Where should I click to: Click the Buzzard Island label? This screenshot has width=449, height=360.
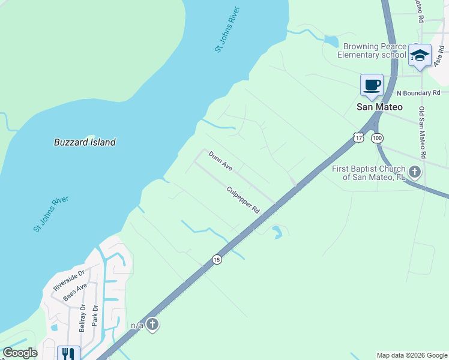tap(85, 142)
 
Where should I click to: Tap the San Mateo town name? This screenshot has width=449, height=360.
tap(379, 107)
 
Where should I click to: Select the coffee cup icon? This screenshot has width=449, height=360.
tap(372, 85)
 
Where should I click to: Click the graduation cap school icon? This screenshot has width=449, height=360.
tap(420, 56)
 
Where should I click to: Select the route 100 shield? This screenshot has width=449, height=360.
tap(377, 138)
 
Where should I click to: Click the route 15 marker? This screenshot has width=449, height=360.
tap(216, 259)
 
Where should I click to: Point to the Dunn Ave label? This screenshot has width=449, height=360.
tap(220, 161)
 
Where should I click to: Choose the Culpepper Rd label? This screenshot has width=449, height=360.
tap(243, 200)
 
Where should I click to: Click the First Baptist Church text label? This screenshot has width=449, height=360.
tap(369, 173)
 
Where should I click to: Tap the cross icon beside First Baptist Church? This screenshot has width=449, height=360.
tap(415, 173)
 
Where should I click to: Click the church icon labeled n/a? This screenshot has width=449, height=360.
tap(152, 325)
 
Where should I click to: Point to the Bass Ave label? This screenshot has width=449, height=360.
tap(76, 292)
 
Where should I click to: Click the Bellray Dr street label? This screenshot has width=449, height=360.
tap(82, 317)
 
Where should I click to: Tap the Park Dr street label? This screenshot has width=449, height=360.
tap(94, 316)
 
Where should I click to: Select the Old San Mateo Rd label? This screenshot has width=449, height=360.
tap(423, 133)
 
